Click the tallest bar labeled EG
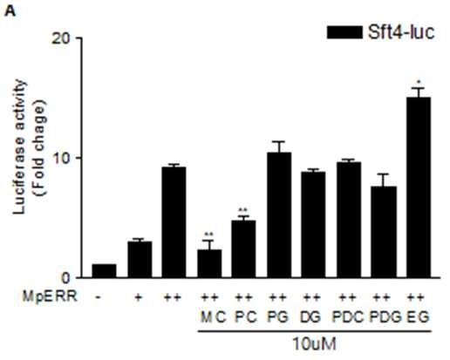click(419, 187)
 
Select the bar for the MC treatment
click(209, 263)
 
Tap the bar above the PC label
click(243, 249)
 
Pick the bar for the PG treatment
click(279, 215)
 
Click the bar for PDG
click(384, 232)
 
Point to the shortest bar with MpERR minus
click(104, 271)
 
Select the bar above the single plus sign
click(140, 260)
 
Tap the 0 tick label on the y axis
click(66, 278)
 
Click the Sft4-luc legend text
click(401, 32)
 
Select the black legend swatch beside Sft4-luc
click(344, 32)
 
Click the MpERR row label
click(50, 297)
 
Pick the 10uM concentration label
click(314, 344)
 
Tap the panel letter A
click(10, 11)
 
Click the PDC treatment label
click(348, 317)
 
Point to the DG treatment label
click(311, 317)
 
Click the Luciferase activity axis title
click(20, 146)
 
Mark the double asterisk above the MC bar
click(209, 234)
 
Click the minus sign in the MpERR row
click(99, 297)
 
